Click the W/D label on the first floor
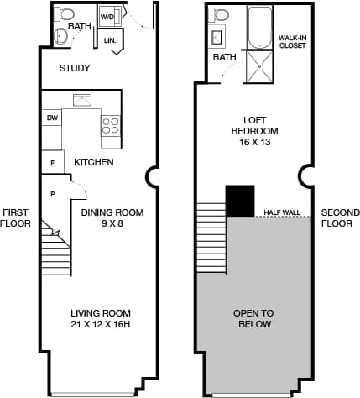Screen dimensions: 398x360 [108, 16]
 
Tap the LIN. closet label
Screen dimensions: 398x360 [110, 40]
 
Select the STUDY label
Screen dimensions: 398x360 [75, 68]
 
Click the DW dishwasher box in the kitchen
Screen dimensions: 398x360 [52, 118]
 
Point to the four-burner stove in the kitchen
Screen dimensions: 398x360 [111, 125]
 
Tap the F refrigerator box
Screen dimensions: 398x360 [51, 161]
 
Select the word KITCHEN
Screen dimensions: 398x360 [94, 162]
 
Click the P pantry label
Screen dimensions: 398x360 [53, 193]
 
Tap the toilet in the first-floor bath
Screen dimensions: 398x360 [67, 14]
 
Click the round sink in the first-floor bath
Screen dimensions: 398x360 [60, 35]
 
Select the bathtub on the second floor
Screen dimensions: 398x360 [258, 24]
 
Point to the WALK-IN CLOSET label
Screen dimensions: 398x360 [293, 41]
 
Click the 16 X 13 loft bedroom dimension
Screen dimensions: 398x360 [254, 143]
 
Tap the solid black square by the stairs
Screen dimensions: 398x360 [240, 201]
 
